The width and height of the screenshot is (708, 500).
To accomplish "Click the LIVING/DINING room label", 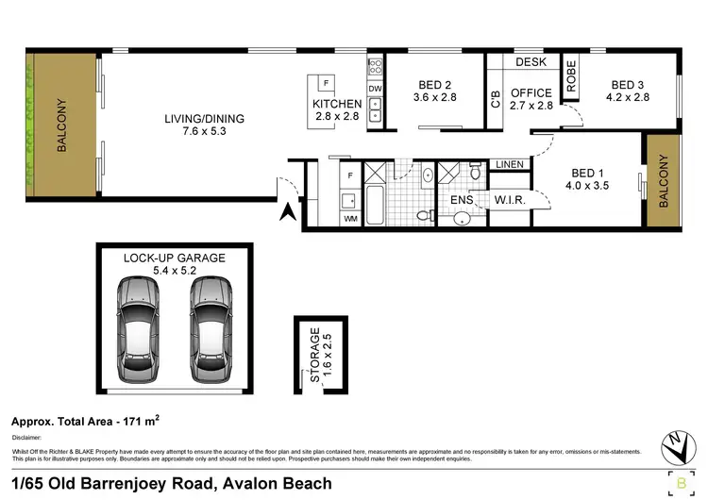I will [204, 119].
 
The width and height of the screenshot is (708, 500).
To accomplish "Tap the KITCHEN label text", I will [337, 104].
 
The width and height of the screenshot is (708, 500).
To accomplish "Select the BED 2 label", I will [437, 83].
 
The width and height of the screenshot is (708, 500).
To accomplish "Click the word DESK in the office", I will [531, 62].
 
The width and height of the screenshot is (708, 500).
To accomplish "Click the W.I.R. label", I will [511, 200].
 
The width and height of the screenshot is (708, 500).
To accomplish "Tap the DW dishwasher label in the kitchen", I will [375, 89].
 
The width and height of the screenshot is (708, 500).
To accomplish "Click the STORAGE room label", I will [315, 354].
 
